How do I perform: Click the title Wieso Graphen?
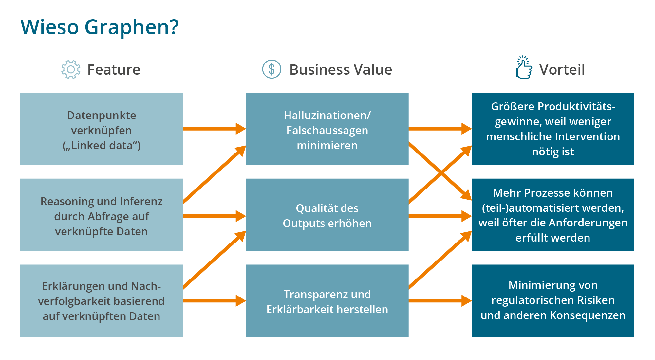pos(100,27)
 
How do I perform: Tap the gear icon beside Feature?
pos(71,69)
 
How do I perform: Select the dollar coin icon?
pos(271,69)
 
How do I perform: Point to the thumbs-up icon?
pos(524,68)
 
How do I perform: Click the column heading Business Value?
pos(341,70)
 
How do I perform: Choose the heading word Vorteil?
pos(562,70)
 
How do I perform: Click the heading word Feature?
pos(114,70)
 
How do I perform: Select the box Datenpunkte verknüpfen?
pos(102,129)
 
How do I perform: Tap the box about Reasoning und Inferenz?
pos(102,215)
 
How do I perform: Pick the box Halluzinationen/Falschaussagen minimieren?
pos(327,129)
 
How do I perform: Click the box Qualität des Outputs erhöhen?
pos(327,215)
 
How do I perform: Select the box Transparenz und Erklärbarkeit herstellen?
pos(327,300)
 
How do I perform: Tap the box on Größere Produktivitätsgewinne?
pos(553,129)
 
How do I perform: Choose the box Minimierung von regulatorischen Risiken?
pos(553,300)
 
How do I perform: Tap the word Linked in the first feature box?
pos(86,146)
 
